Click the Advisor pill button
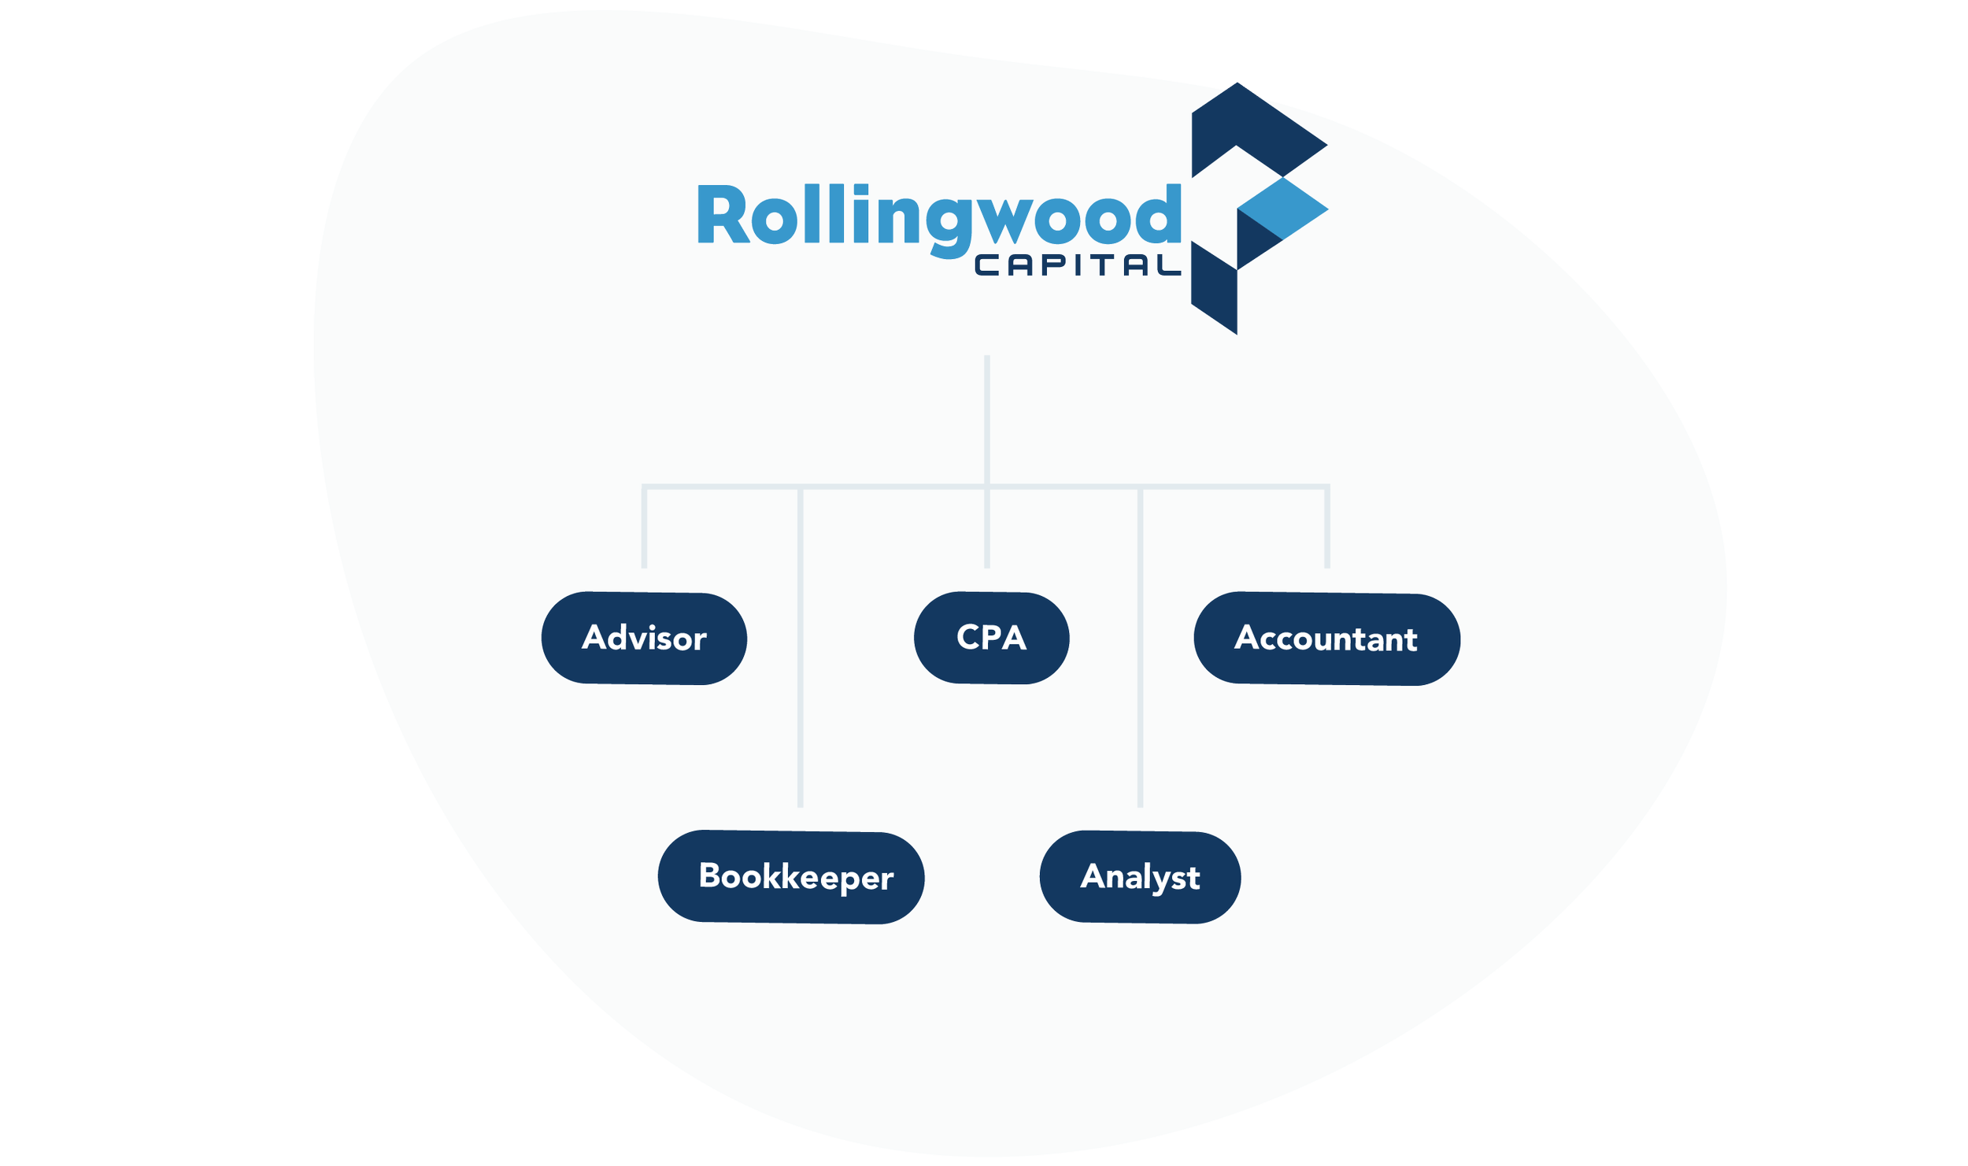[644, 638]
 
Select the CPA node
[991, 638]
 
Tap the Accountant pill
[1326, 639]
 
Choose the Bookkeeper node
[791, 877]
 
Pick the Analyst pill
[1140, 877]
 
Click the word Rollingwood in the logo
[938, 217]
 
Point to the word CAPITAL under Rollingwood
[1078, 265]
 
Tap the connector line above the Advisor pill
[645, 527]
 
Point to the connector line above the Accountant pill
[1327, 527]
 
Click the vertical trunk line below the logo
[987, 417]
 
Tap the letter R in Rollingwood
[721, 214]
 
